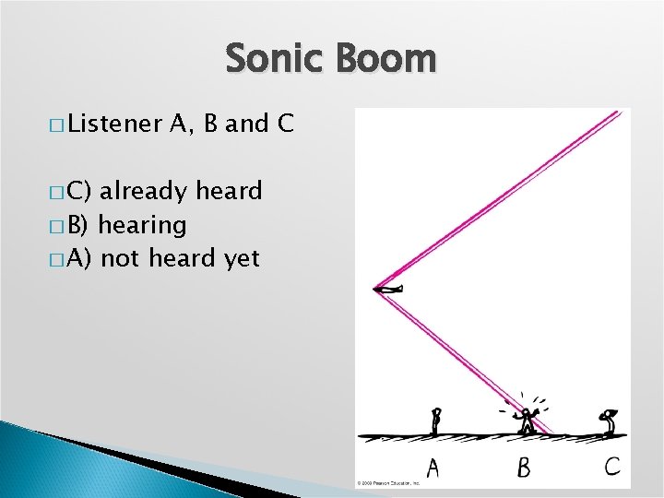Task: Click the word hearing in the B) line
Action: click(142, 225)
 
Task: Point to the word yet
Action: click(243, 259)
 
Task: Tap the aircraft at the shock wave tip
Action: click(388, 290)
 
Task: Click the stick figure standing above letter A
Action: click(437, 421)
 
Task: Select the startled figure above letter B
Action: click(528, 420)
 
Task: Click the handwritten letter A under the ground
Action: click(432, 468)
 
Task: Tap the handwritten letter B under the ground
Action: click(523, 468)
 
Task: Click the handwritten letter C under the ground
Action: click(611, 466)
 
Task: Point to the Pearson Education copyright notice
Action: click(388, 482)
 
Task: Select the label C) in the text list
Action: click(78, 192)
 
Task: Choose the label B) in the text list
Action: click(78, 225)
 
